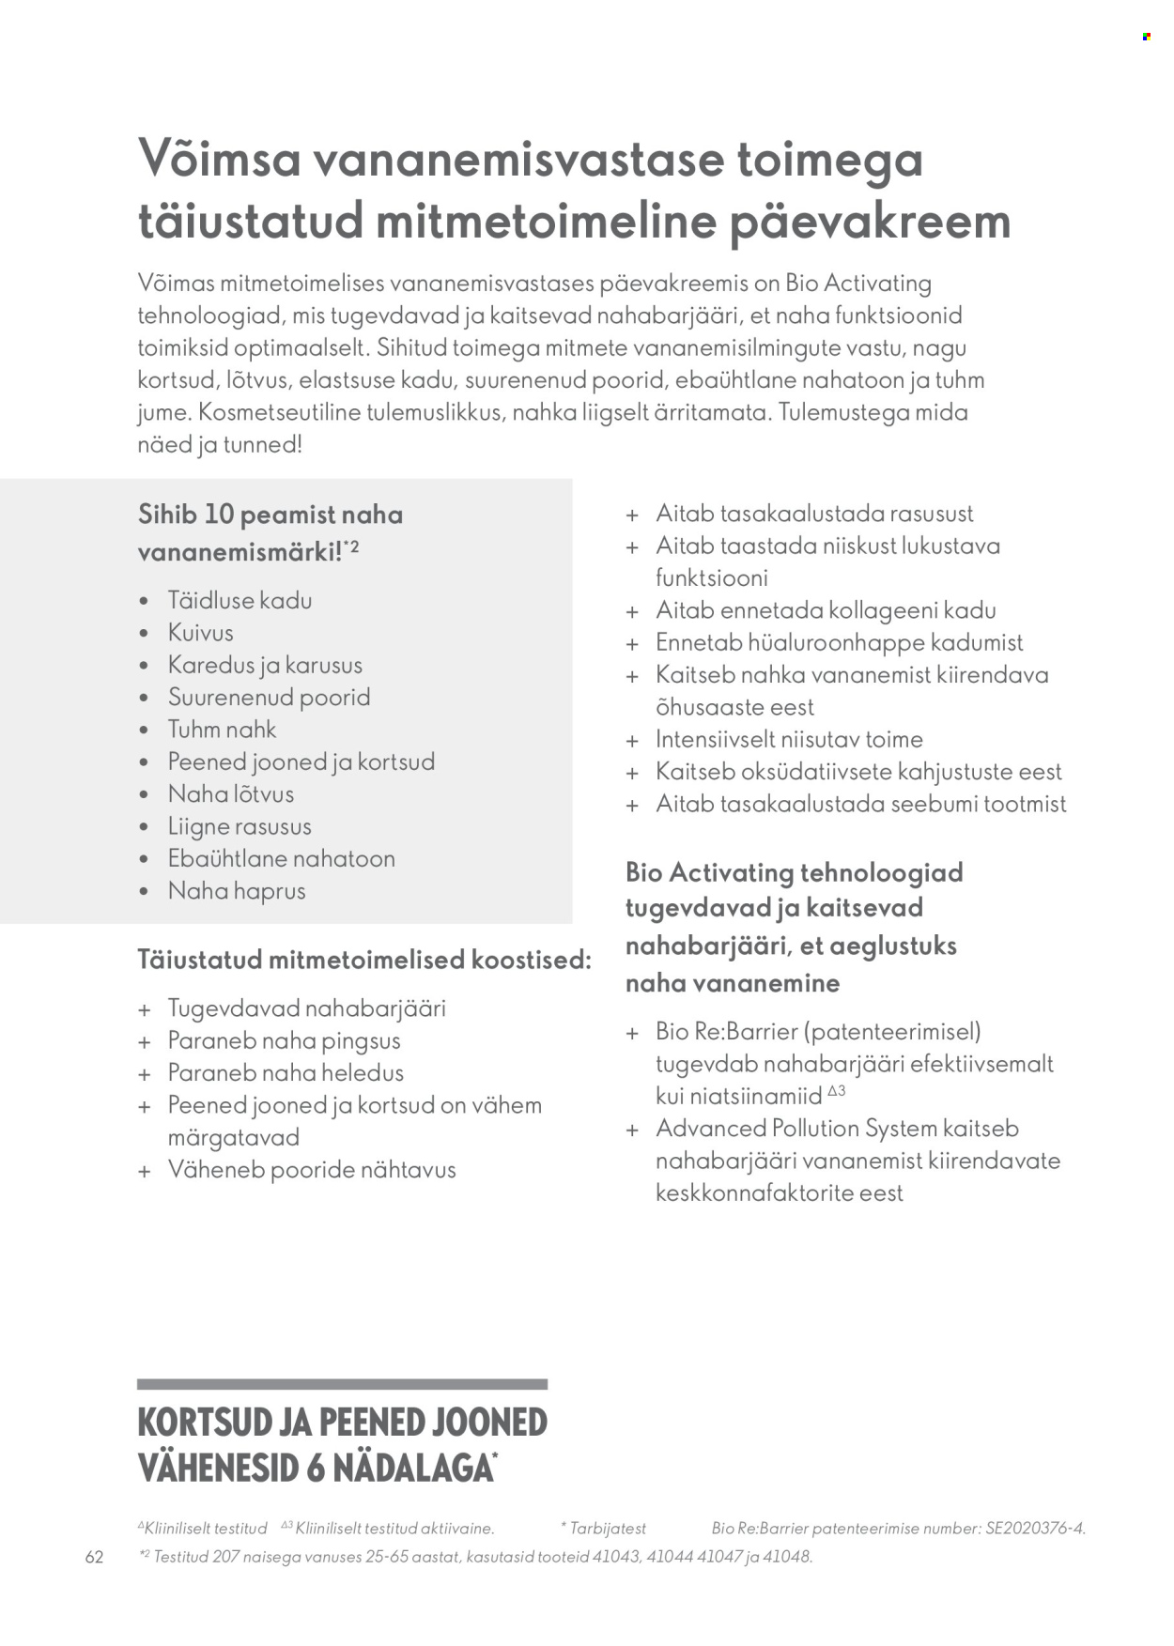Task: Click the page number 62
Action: point(94,1557)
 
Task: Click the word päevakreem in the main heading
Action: point(870,223)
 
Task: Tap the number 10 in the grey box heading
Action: point(218,515)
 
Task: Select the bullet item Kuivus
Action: point(200,633)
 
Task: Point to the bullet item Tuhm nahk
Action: point(222,730)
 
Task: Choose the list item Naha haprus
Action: point(237,891)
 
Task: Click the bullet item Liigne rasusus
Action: point(239,826)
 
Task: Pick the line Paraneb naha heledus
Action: point(286,1073)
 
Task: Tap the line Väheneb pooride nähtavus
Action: point(312,1170)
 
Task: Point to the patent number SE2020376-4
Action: point(1035,1529)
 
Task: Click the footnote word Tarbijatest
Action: point(608,1529)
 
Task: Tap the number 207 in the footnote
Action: point(225,1557)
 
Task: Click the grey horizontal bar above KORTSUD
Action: point(342,1384)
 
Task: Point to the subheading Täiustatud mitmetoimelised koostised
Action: point(364,960)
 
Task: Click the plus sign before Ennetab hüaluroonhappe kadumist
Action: point(632,644)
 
